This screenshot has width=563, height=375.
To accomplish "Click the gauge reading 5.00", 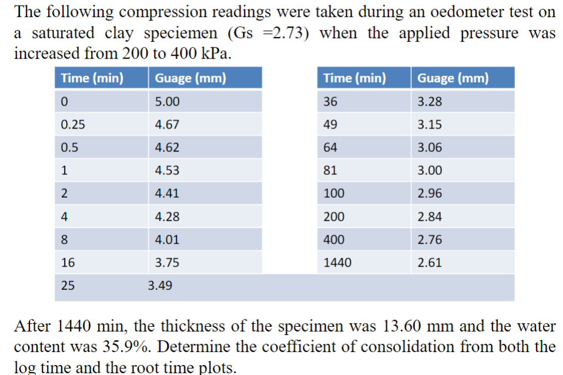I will (167, 102).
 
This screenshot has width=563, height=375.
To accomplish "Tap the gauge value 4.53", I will (167, 171).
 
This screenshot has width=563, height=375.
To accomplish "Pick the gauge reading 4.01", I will (167, 240).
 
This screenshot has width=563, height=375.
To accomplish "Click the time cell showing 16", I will (68, 263).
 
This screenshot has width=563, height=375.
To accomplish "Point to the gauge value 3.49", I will (160, 286).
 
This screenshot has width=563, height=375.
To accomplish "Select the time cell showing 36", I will (331, 102).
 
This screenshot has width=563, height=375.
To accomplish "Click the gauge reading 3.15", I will (430, 124).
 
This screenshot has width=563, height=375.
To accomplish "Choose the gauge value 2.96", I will (430, 194).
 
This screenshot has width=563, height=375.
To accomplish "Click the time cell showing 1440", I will (337, 263).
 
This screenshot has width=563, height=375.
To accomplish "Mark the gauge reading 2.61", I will (430, 263).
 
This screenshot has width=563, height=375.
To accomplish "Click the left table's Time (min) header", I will (92, 78).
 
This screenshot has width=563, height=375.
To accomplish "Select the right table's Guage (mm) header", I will (453, 78).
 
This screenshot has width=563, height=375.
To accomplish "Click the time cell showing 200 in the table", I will (334, 217).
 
